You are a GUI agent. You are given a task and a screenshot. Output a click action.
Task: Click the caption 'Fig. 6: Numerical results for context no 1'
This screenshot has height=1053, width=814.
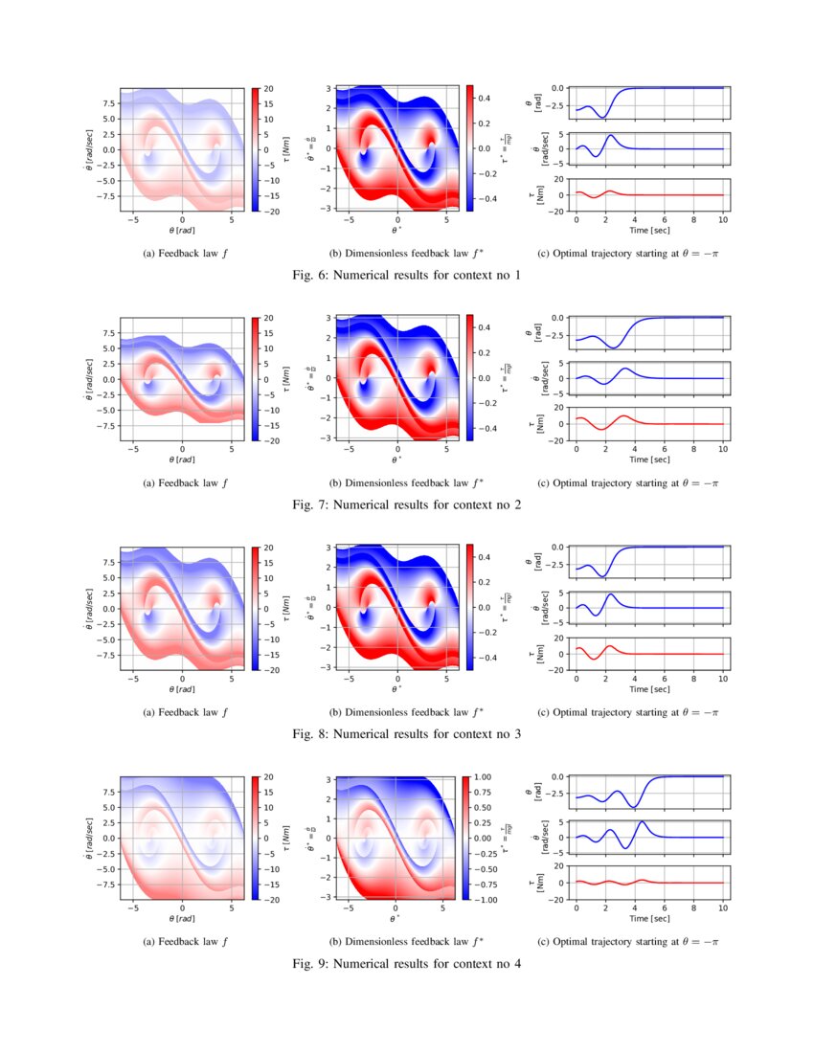(407, 276)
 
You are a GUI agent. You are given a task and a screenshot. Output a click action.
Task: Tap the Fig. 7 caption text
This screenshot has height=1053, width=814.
(407, 504)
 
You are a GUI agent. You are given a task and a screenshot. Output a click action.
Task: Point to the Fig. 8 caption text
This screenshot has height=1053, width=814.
(407, 734)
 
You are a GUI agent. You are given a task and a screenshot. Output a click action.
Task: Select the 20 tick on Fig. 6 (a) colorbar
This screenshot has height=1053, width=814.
(269, 88)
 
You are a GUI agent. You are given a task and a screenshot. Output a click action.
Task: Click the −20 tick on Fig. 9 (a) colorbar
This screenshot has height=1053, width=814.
(272, 899)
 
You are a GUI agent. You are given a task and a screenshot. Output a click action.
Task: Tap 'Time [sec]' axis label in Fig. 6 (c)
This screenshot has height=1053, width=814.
(650, 230)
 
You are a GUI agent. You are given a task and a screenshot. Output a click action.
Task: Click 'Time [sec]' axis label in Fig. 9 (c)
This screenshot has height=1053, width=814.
(650, 917)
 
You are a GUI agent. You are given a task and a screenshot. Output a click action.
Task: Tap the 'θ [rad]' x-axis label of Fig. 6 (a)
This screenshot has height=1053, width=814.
(182, 230)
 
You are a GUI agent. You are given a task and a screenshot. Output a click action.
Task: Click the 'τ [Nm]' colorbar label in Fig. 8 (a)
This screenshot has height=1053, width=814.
(287, 608)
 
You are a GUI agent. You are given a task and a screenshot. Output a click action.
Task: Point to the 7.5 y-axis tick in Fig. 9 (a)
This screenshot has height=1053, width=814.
(108, 793)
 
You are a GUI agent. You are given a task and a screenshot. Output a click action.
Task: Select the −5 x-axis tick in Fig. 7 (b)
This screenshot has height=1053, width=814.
(350, 449)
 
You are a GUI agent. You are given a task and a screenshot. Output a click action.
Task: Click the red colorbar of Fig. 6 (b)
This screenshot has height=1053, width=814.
(469, 147)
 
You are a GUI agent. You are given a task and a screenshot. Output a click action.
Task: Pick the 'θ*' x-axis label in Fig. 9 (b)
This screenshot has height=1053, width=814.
(396, 918)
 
